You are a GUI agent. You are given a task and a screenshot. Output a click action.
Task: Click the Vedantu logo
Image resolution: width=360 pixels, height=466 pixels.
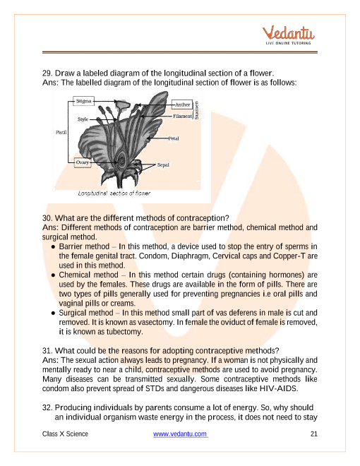(288, 35)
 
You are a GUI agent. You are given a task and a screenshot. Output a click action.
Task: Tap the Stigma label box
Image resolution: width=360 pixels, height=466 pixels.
(83, 101)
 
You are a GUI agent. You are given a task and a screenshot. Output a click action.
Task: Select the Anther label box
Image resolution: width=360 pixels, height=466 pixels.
(182, 104)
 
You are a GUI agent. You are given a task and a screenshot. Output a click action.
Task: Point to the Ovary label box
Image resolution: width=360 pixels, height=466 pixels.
(83, 162)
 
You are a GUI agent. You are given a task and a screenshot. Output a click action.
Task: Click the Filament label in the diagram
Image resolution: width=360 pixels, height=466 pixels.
(182, 116)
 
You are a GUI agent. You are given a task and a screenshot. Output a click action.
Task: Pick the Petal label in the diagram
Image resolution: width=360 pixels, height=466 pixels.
(174, 138)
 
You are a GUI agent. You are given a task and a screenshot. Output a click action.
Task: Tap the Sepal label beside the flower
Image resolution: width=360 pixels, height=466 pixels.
(163, 165)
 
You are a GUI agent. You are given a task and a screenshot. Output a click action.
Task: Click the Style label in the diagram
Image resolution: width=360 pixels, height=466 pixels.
(83, 119)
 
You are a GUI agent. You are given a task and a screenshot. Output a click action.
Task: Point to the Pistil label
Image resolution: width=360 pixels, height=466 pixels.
(61, 132)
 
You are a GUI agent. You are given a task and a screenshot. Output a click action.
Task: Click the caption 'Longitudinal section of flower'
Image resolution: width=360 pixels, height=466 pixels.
(114, 193)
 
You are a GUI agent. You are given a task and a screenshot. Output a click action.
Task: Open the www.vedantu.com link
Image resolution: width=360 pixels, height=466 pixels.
(181, 434)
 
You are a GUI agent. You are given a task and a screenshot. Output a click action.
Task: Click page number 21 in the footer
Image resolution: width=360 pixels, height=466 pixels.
(314, 434)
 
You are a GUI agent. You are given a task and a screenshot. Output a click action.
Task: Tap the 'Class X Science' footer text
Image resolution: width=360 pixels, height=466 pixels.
(65, 434)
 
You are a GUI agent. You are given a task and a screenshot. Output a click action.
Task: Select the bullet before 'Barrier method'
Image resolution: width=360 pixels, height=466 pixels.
(53, 247)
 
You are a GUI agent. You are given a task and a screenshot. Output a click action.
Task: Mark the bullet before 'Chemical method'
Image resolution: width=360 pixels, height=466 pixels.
(53, 275)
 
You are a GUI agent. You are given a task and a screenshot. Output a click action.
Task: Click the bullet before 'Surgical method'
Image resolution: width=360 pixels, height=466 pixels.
(53, 313)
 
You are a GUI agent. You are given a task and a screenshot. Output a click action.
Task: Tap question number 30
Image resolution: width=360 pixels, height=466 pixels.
(47, 218)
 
